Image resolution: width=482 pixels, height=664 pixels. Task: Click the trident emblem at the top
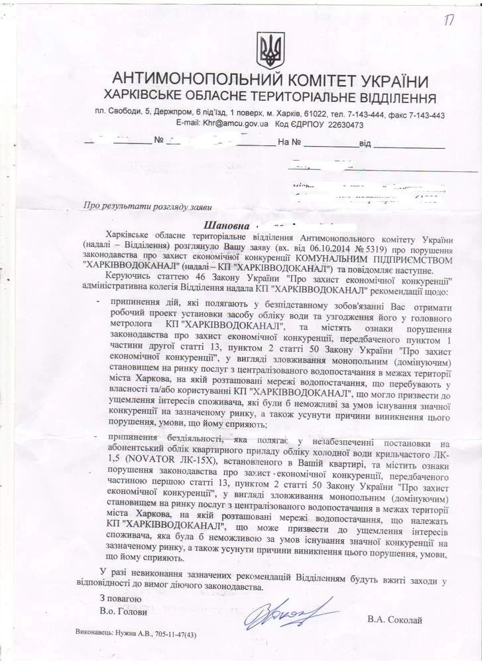[x=269, y=49]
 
